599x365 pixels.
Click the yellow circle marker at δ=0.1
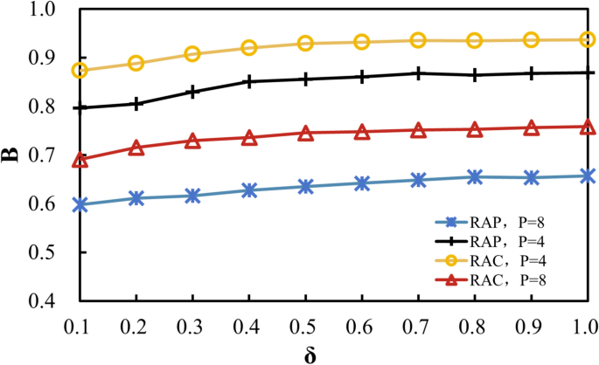coord(80,70)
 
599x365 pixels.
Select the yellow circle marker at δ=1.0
coord(588,39)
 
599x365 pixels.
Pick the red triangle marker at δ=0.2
coord(136,148)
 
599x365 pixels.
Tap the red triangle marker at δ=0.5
coord(305,134)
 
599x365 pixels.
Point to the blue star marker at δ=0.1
coord(80,204)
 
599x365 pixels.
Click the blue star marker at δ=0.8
coord(475,177)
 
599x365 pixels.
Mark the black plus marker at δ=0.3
coord(192,92)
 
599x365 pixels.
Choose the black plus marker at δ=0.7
coord(418,73)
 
